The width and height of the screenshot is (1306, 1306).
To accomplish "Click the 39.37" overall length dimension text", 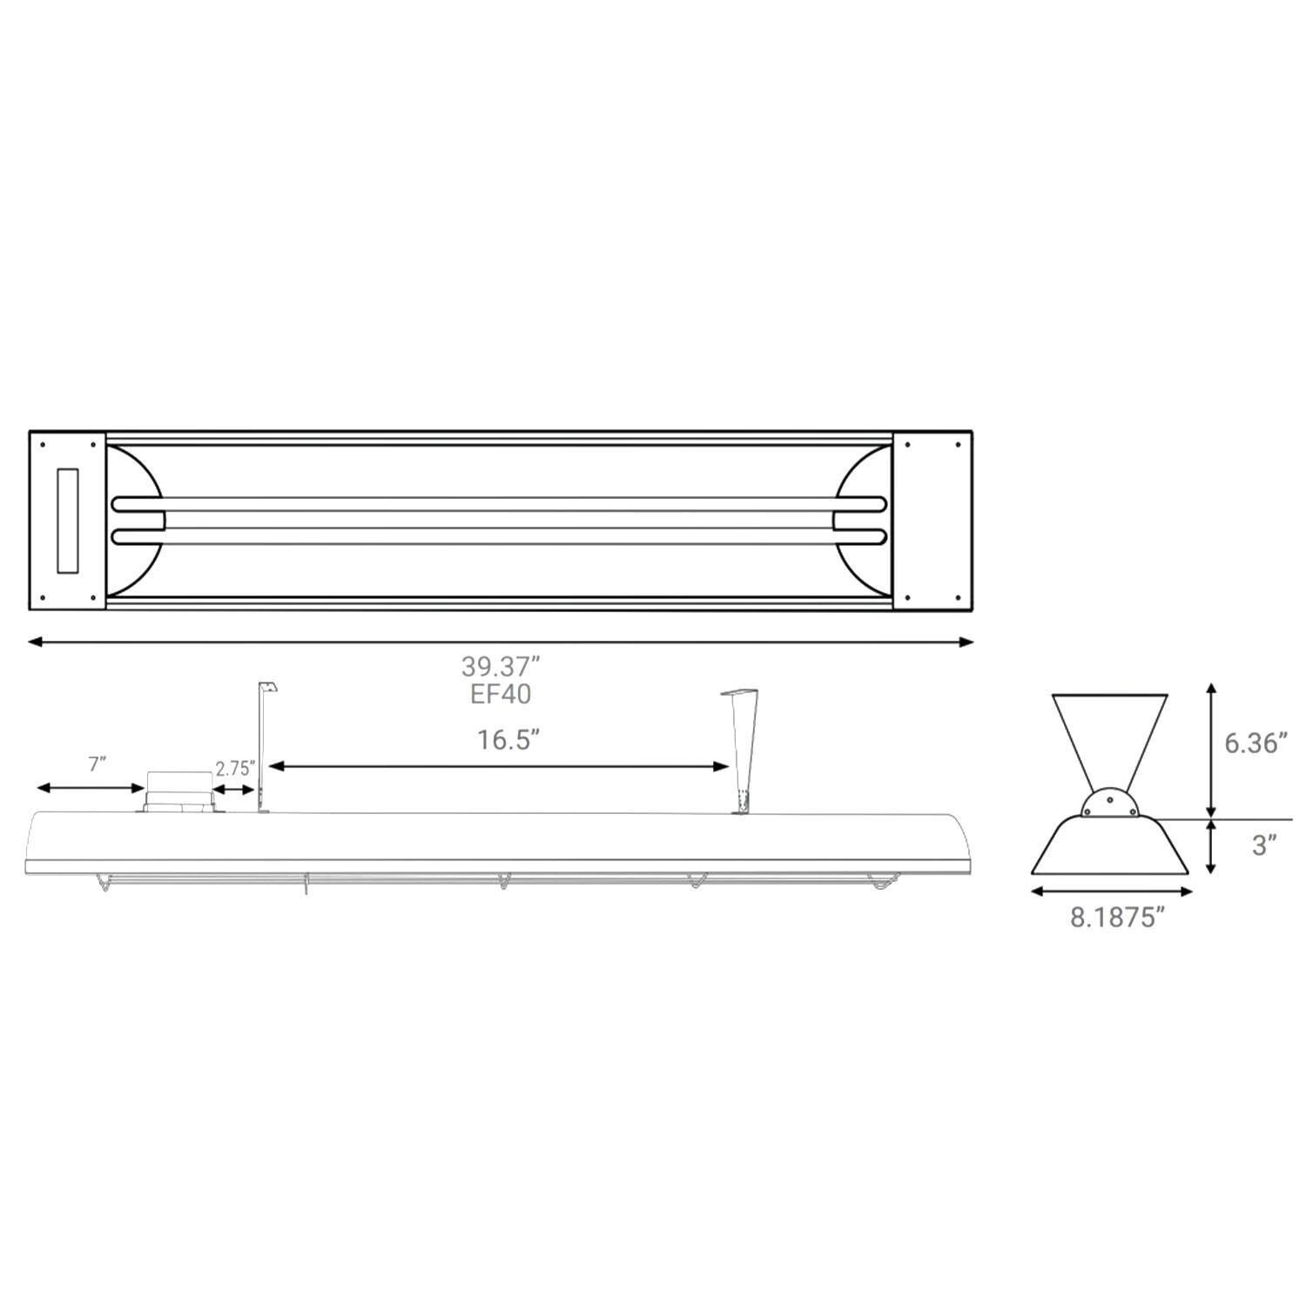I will click(x=501, y=667).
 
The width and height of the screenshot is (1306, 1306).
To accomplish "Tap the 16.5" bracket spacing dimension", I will click(x=508, y=740).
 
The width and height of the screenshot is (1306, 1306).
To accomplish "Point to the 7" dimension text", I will click(x=98, y=764).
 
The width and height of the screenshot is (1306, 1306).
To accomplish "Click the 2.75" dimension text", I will click(x=235, y=769).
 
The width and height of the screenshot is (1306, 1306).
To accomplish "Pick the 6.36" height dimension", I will click(x=1255, y=744).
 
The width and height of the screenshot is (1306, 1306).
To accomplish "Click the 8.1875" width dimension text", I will click(x=1117, y=918).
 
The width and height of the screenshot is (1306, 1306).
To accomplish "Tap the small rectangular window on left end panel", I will click(x=68, y=520).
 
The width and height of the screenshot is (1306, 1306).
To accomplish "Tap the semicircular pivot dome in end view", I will click(x=1109, y=804).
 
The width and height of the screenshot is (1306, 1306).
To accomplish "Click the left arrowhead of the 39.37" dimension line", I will click(x=35, y=643).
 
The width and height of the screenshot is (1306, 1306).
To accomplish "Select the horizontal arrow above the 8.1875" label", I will click(x=1111, y=891).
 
